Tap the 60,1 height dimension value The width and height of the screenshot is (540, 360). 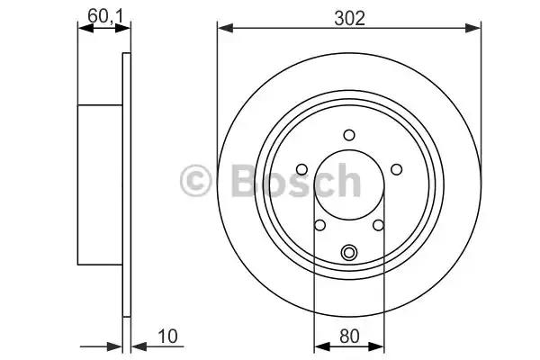click(105, 16)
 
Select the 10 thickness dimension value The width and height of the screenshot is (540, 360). click(167, 336)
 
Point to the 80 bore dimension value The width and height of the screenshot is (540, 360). click(349, 336)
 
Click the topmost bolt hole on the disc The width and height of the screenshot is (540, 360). click(349, 135)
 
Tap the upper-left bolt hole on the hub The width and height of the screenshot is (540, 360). click(301, 169)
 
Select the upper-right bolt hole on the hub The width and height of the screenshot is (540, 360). click(396, 169)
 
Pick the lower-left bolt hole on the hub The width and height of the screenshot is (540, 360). click(319, 225)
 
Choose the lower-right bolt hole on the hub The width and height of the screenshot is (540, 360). click(378, 225)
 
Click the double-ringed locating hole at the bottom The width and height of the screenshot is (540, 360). click(349, 253)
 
